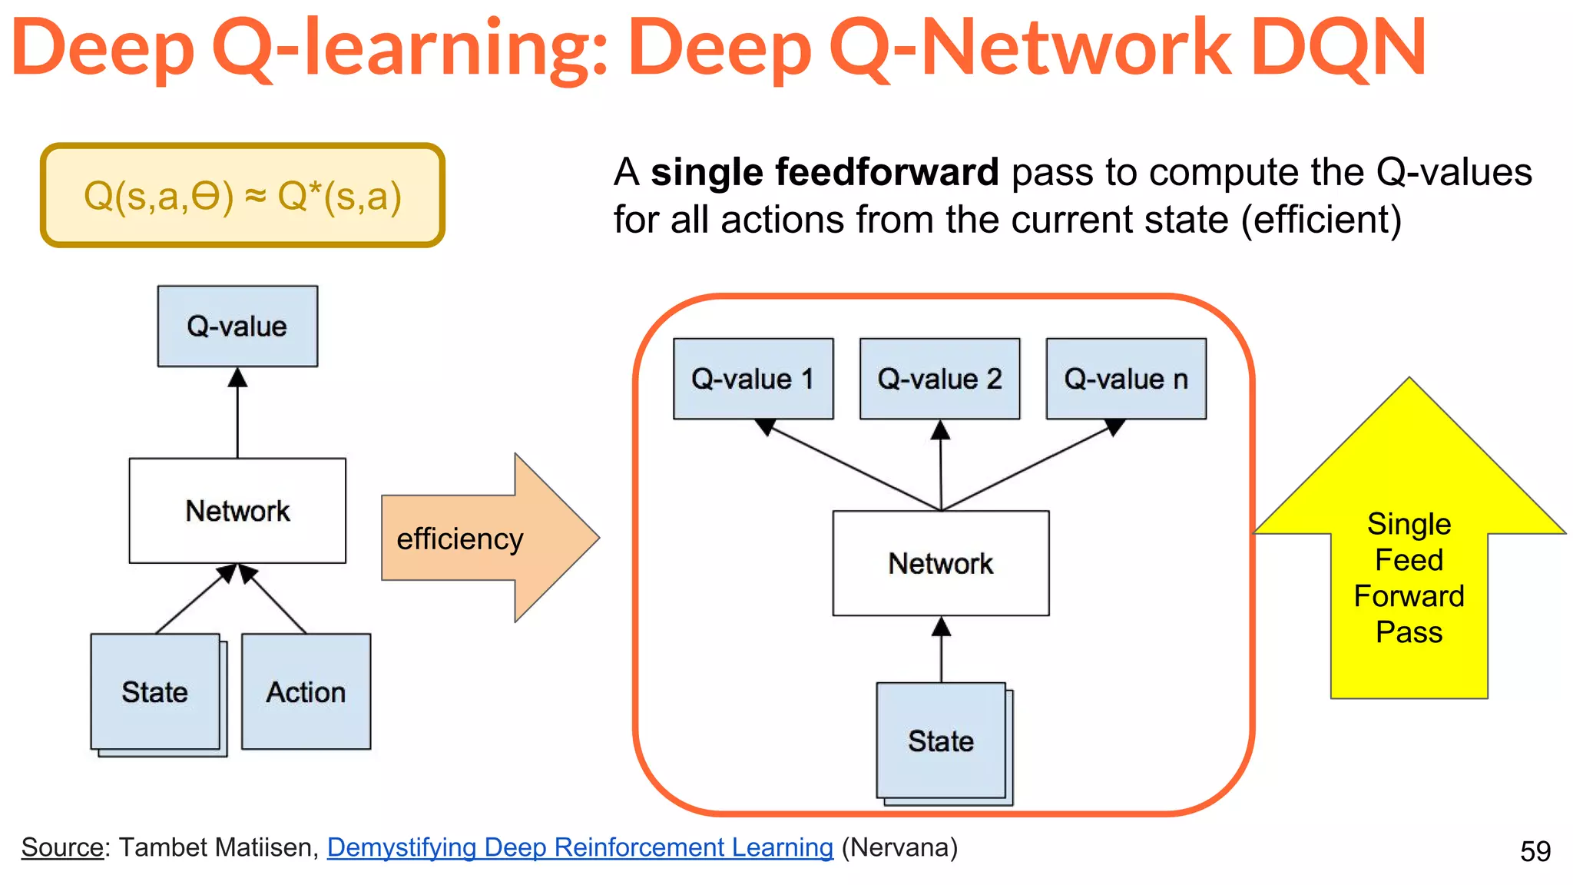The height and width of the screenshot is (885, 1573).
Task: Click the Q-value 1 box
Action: pyautogui.click(x=753, y=379)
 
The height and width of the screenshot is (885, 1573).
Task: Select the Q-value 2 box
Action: pyautogui.click(x=939, y=379)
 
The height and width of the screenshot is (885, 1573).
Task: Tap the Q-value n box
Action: pyautogui.click(x=1126, y=379)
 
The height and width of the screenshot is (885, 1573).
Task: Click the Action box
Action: pyautogui.click(x=306, y=691)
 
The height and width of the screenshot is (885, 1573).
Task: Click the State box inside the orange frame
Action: pyautogui.click(x=942, y=741)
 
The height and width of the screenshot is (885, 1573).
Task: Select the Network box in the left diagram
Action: pyautogui.click(x=237, y=511)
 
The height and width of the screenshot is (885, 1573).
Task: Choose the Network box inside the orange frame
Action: pyautogui.click(x=941, y=563)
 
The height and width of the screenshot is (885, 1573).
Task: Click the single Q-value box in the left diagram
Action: pyautogui.click(x=237, y=326)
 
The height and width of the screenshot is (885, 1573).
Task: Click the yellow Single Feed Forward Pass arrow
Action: pyautogui.click(x=1409, y=576)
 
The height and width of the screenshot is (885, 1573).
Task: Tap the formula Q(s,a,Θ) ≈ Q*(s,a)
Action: pyautogui.click(x=243, y=196)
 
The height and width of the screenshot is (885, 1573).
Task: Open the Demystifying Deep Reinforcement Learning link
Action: pyautogui.click(x=580, y=847)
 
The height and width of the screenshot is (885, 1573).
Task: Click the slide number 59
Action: pyautogui.click(x=1535, y=851)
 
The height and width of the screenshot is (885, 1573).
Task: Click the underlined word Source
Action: pyautogui.click(x=62, y=847)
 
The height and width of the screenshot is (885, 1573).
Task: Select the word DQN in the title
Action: pyautogui.click(x=1338, y=48)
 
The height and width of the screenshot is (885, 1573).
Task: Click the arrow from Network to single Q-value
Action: pyautogui.click(x=237, y=415)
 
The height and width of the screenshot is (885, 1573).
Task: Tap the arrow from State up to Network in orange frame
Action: pyautogui.click(x=942, y=649)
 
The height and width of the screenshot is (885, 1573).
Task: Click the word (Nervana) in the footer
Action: pyautogui.click(x=899, y=847)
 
